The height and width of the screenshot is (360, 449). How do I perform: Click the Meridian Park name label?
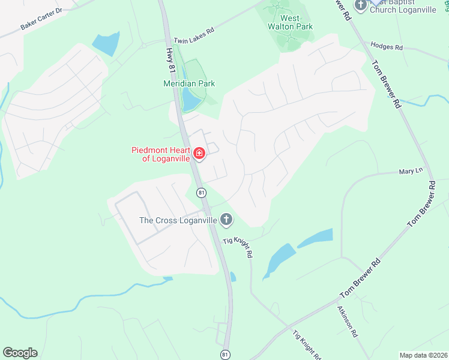(189, 83)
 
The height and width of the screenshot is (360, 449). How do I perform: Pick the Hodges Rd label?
(387, 45)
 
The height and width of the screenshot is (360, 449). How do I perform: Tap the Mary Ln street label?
(411, 171)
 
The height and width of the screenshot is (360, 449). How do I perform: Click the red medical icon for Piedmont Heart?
(199, 154)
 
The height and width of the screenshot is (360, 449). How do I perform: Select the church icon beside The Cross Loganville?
(226, 220)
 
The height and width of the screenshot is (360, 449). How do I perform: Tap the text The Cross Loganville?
(177, 220)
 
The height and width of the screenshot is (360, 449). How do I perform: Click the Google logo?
(20, 352)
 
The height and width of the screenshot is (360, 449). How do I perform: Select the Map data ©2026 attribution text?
(423, 355)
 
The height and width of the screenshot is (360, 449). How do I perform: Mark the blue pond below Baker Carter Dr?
(106, 44)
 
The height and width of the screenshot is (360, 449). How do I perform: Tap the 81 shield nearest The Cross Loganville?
(201, 192)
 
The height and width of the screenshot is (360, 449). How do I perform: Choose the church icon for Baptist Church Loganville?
(361, 6)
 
